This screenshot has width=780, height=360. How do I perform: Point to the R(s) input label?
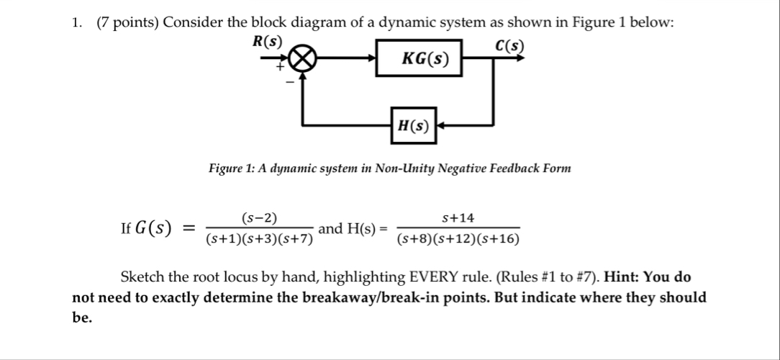pyautogui.click(x=267, y=41)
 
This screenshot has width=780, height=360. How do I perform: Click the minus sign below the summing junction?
pyautogui.click(x=291, y=82)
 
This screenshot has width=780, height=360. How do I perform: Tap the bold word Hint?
pyautogui.click(x=622, y=277)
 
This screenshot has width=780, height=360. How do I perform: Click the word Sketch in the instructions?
pyautogui.click(x=142, y=277)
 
